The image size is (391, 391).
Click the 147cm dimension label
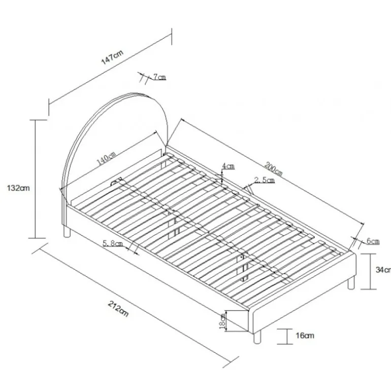pyautogui.click(x=112, y=57)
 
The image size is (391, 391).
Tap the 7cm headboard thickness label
pyautogui.click(x=159, y=77)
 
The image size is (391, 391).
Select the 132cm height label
pyautogui.click(x=18, y=188)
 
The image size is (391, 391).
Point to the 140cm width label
pyautogui.click(x=106, y=158)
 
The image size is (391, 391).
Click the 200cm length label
pyautogui.click(x=274, y=169)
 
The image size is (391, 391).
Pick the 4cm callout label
pyautogui.click(x=229, y=166)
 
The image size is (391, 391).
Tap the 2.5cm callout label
pyautogui.click(x=265, y=180)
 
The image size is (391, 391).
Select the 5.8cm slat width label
pyautogui.click(x=113, y=243)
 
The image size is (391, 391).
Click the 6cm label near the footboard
pyautogui.click(x=373, y=241)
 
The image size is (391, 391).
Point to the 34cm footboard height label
pyautogui.click(x=383, y=270)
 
